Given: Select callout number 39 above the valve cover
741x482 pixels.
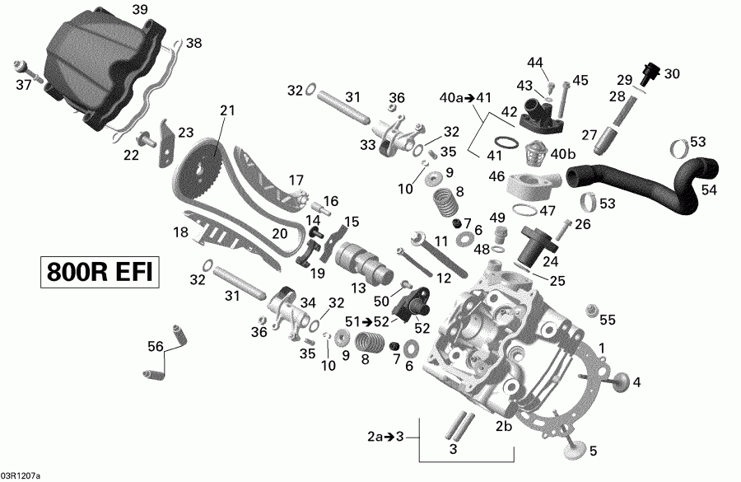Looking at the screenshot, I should (139, 9).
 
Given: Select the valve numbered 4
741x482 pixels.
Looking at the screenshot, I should (621, 382).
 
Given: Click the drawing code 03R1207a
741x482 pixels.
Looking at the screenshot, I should (21, 475).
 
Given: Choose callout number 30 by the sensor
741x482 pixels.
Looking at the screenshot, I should (672, 73).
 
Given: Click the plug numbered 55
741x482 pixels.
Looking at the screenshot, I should (590, 310).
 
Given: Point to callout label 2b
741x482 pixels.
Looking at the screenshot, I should (504, 425).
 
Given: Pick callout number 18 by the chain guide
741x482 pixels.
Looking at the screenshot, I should (181, 233).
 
